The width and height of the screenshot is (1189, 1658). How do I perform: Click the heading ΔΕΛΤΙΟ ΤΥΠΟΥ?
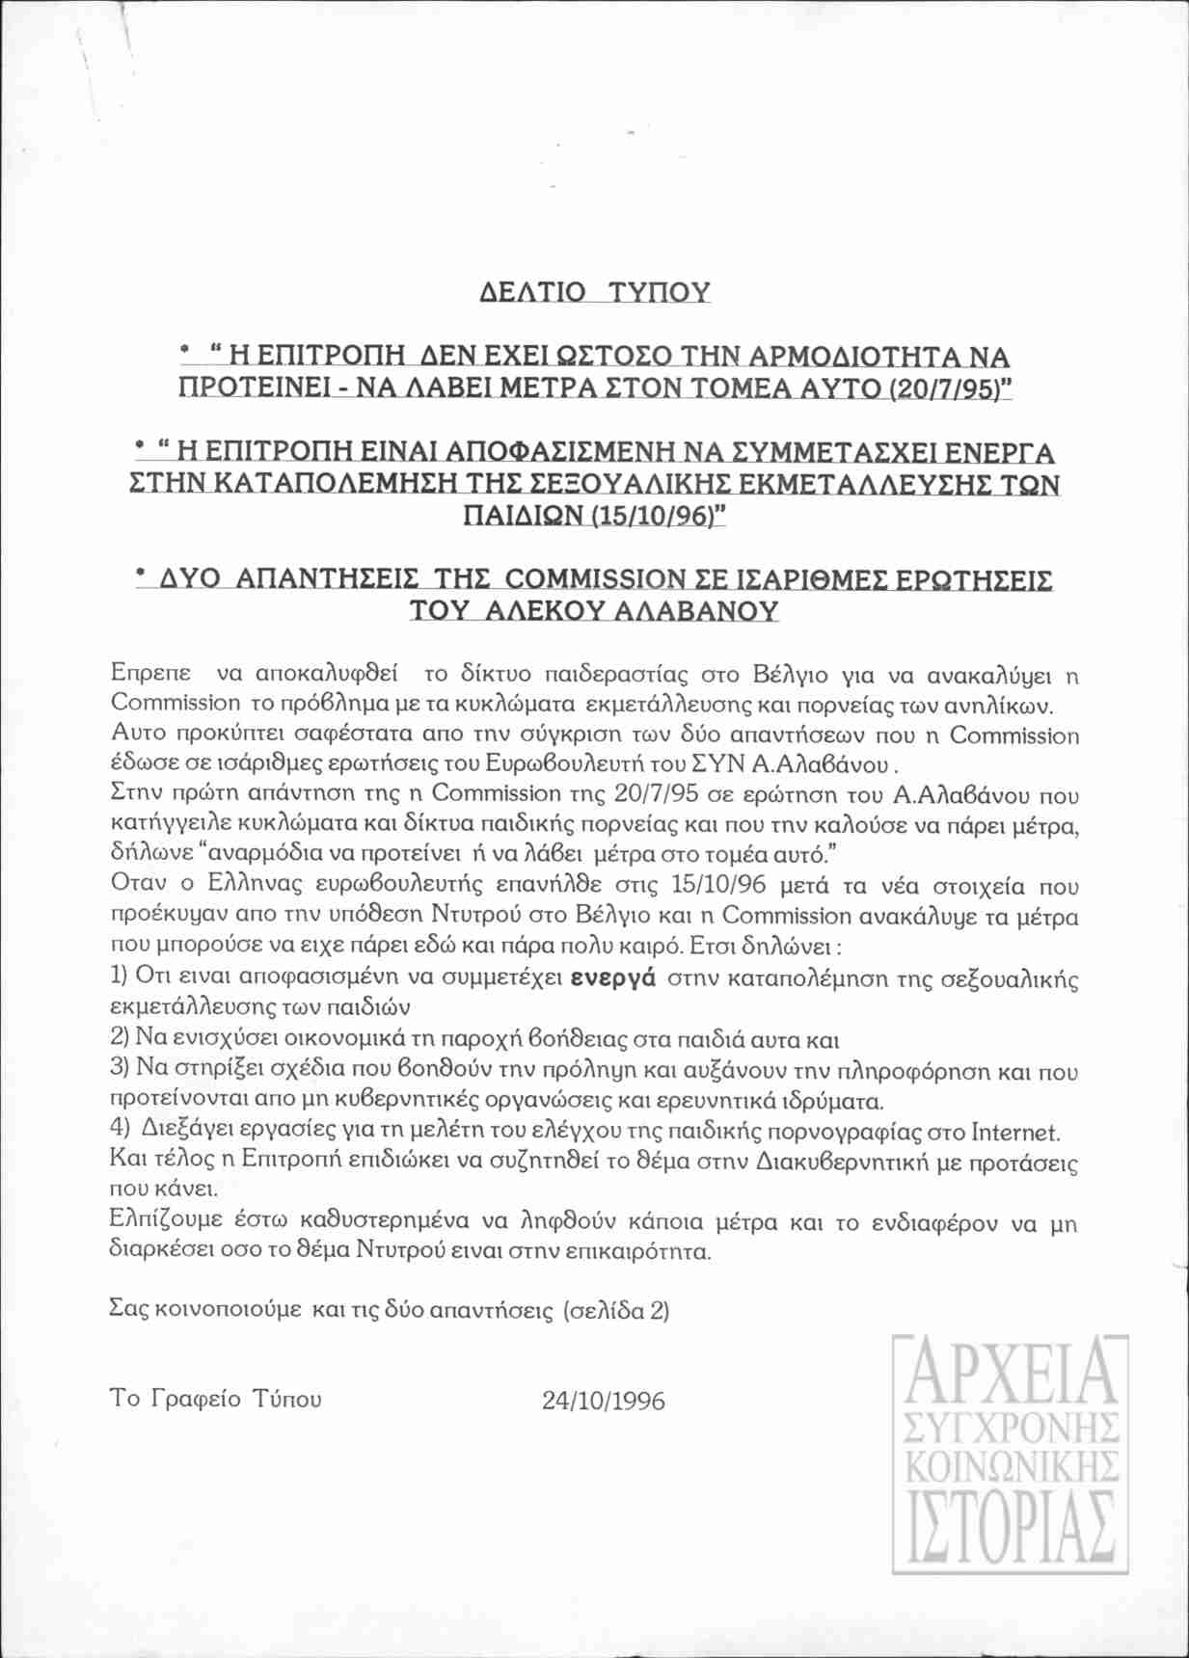(594, 291)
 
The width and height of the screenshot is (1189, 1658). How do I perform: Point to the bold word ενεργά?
(613, 976)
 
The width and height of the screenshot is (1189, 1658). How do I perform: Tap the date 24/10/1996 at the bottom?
(604, 1400)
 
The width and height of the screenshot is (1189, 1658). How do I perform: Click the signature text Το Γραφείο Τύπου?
(216, 1399)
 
